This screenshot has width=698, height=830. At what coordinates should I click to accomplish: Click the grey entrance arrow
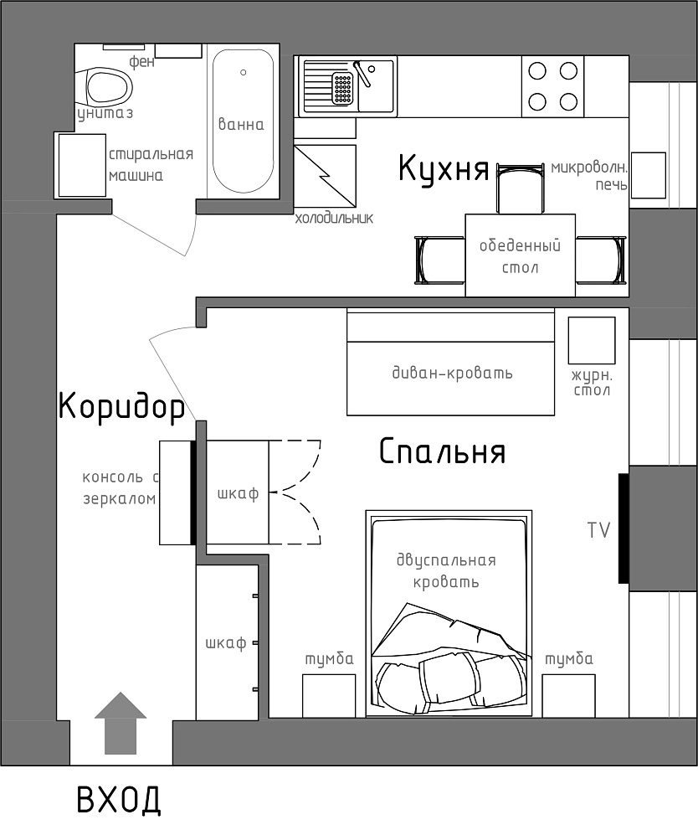pyautogui.click(x=121, y=723)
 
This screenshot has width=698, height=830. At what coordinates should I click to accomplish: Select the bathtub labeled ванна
pyautogui.click(x=243, y=121)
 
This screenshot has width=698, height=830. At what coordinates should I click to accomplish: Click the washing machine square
pyautogui.click(x=82, y=165)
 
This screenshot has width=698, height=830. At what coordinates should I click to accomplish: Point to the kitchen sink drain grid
pyautogui.click(x=342, y=88)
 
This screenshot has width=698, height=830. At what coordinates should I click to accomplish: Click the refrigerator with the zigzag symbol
pyautogui.click(x=325, y=176)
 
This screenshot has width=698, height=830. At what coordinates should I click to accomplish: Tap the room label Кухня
pyautogui.click(x=444, y=168)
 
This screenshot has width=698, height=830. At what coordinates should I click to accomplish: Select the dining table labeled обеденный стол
pyautogui.click(x=520, y=255)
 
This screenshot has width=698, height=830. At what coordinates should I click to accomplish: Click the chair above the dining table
pyautogui.click(x=521, y=188)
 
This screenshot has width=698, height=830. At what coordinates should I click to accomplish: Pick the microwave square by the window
pyautogui.click(x=649, y=175)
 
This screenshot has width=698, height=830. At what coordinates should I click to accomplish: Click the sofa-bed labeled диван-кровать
pyautogui.click(x=450, y=362)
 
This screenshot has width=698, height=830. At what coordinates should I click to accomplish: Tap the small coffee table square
pyautogui.click(x=592, y=340)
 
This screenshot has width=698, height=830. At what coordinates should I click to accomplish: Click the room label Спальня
pyautogui.click(x=443, y=451)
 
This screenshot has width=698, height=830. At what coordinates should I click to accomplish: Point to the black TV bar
pyautogui.click(x=624, y=528)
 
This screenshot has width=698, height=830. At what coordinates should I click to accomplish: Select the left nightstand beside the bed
pyautogui.click(x=328, y=695)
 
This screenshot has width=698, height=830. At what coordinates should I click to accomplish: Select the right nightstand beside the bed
pyautogui.click(x=568, y=695)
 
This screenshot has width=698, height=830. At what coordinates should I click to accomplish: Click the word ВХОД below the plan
pyautogui.click(x=119, y=800)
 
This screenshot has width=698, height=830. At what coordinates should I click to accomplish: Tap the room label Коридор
pyautogui.click(x=121, y=406)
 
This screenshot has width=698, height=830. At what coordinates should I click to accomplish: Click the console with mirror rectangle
pyautogui.click(x=175, y=492)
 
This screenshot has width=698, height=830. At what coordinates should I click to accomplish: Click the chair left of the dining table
pyautogui.click(x=440, y=260)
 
